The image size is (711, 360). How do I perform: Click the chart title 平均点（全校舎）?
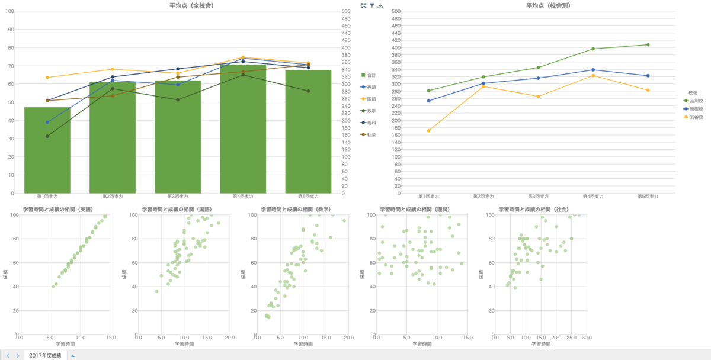tap(191, 5)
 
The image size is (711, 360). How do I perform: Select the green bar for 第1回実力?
tap(47, 154)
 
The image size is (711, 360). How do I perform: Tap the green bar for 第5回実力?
tap(308, 136)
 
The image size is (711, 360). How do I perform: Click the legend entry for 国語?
tap(371, 99)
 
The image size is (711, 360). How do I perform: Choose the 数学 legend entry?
tap(371, 111)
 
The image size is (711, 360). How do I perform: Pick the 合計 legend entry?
tap(371, 75)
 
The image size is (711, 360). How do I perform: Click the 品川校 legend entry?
tap(696, 101)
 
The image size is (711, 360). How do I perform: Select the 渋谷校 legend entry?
tap(696, 117)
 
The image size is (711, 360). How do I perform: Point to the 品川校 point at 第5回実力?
tap(648, 45)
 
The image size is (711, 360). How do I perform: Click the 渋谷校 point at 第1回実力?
tap(428, 131)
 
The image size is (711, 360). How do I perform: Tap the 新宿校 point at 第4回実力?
tap(593, 70)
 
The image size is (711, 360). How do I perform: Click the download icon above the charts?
tap(380, 6)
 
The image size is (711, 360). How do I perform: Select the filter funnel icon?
tap(372, 6)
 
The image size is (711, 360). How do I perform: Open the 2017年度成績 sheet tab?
tap(46, 355)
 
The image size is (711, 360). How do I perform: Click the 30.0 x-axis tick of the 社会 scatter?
tap(587, 337)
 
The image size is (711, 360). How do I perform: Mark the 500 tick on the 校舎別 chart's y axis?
tap(396, 11)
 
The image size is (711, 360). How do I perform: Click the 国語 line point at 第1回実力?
tap(47, 78)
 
